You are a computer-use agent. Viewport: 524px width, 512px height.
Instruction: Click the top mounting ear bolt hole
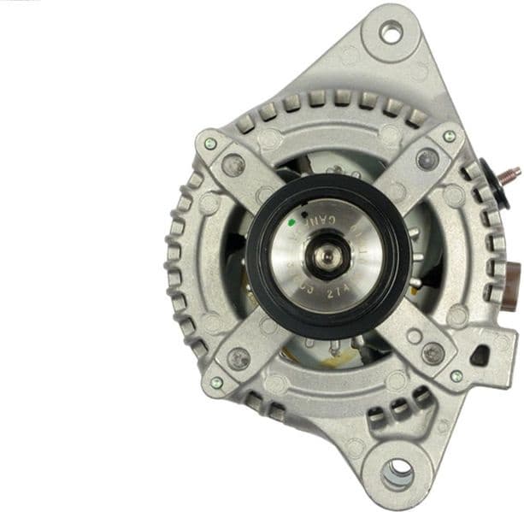click(391, 33)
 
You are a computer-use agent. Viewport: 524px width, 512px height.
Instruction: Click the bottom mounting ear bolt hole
click(397, 472)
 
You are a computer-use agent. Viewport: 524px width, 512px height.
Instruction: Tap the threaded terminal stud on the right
click(511, 174)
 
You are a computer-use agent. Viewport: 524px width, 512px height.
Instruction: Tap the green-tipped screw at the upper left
click(209, 144)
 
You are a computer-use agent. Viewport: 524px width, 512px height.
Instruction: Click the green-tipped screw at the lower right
click(456, 375)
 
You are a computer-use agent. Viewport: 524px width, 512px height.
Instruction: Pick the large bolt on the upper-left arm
click(233, 166)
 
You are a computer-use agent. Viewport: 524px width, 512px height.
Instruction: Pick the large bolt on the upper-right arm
click(427, 159)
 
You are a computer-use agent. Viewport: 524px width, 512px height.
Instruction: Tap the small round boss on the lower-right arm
click(414, 337)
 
